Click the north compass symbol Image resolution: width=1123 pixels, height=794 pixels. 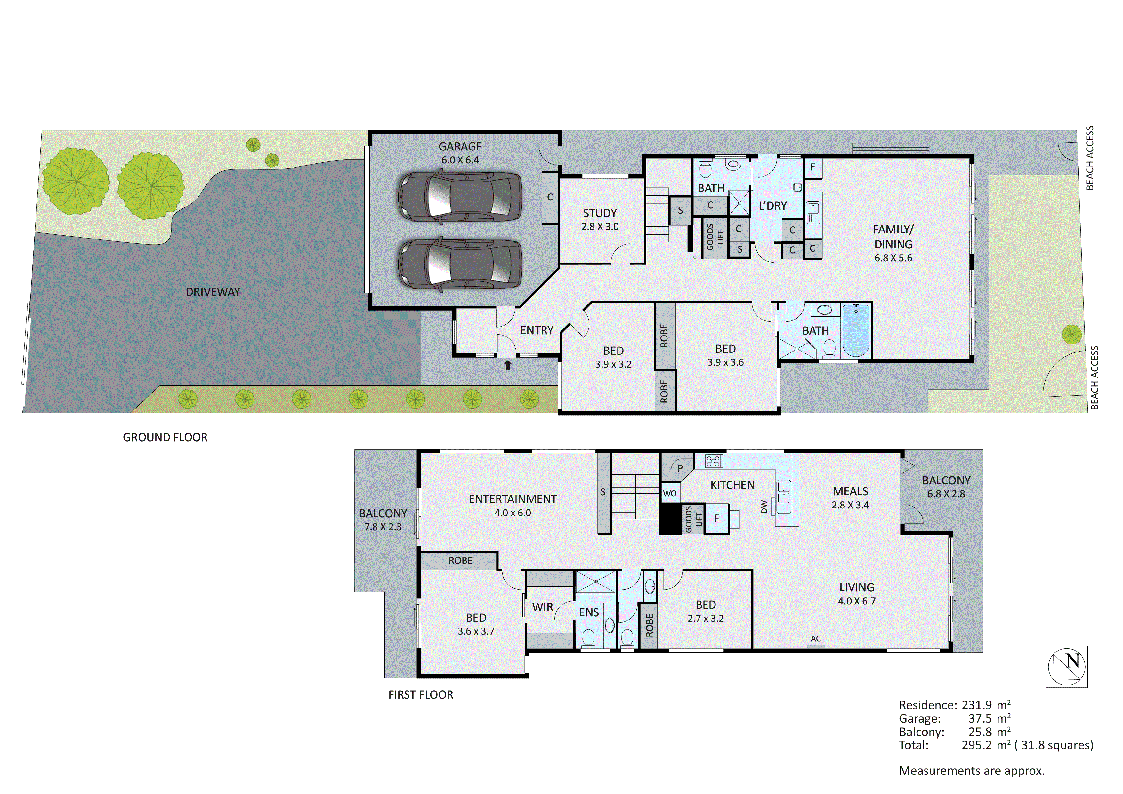1066,666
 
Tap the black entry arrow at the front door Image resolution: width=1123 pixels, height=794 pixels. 508,365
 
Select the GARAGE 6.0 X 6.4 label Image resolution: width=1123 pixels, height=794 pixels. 460,153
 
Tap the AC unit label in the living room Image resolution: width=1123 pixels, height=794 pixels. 815,638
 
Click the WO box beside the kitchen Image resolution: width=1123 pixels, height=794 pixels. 670,494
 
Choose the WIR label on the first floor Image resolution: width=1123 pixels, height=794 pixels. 542,607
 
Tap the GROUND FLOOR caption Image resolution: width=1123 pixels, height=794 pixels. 165,437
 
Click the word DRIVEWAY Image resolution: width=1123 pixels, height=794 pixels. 213,292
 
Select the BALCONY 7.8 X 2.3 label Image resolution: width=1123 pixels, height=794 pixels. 383,520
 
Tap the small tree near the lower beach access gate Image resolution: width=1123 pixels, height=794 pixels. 1072,335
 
